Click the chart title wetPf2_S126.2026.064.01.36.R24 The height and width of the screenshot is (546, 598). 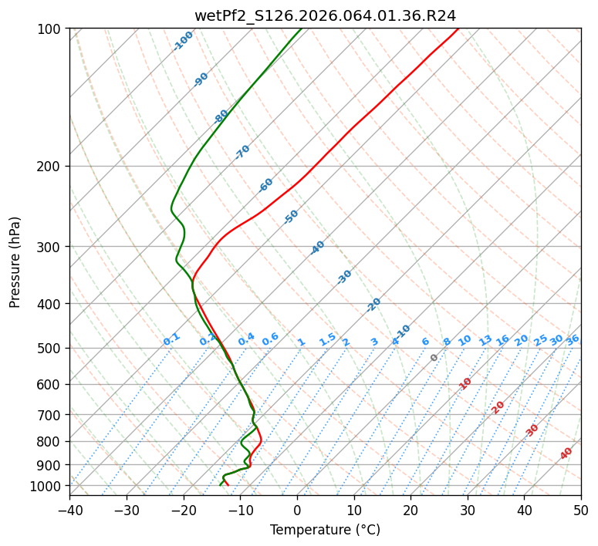click(325, 15)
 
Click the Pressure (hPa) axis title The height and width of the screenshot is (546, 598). click(15, 262)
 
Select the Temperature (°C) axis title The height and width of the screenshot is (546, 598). click(325, 530)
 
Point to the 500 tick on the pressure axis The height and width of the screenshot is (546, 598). click(50, 349)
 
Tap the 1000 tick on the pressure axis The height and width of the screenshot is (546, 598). click(47, 486)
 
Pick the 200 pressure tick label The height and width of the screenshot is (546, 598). click(50, 167)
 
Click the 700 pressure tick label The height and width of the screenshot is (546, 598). click(50, 415)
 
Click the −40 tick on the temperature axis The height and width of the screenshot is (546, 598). click(69, 510)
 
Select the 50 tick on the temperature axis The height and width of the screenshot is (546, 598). click(581, 510)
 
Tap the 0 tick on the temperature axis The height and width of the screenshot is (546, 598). click(297, 510)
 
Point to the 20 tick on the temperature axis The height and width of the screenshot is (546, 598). click(410, 510)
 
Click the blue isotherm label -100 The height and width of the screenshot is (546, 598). click(183, 41)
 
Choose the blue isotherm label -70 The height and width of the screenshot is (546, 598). click(242, 152)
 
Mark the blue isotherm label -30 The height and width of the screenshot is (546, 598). click(344, 278)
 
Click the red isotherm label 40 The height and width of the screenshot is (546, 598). click(566, 453)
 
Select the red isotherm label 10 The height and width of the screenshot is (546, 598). click(465, 383)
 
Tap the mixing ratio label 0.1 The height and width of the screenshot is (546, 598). click(171, 339)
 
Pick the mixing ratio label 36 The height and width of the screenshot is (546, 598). click(573, 339)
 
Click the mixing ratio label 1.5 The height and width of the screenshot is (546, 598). click(327, 339)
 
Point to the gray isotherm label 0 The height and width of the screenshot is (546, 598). click(434, 358)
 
